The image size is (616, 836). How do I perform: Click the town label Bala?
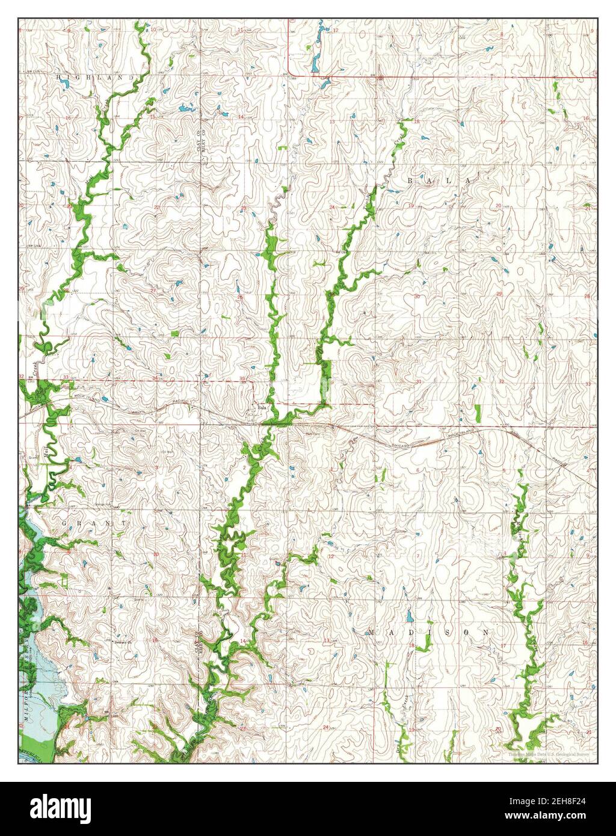coord(261,408)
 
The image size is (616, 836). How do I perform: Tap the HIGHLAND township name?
coord(95,78)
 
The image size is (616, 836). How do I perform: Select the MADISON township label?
coord(428,633)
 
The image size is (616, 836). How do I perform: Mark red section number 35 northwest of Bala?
coord(242,378)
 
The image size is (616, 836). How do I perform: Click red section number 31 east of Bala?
coord(417,381)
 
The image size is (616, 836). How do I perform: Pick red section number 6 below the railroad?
coord(417,470)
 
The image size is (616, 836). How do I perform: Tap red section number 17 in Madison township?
coord(502,645)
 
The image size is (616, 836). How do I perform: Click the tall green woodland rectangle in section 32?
coord(478,413)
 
